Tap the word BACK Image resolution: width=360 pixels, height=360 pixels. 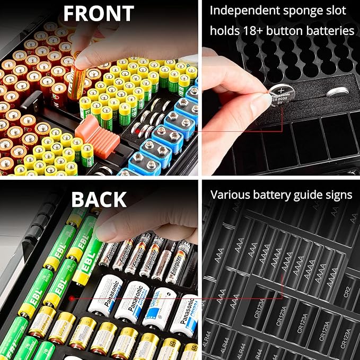[x=99, y=199]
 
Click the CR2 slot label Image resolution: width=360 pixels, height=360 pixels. [x=346, y=291]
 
